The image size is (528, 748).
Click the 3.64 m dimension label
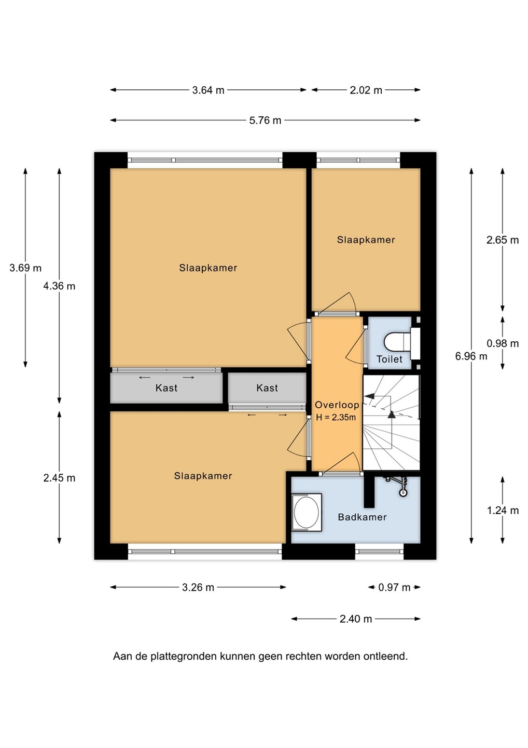(x=208, y=90)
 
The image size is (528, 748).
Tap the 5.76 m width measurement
(x=266, y=121)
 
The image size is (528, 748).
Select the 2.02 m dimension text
(x=366, y=90)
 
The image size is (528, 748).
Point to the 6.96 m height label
(x=471, y=356)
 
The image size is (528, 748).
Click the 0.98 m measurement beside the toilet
(x=503, y=343)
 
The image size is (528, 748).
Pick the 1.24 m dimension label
(x=503, y=510)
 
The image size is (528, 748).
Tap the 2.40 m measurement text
(x=356, y=619)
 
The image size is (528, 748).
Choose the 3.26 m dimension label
(x=198, y=587)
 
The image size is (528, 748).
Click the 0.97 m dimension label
(x=394, y=587)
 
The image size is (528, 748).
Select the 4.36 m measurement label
(x=59, y=286)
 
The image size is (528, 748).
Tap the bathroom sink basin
(x=307, y=512)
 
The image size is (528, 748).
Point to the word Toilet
(x=390, y=359)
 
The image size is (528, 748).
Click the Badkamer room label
(x=363, y=517)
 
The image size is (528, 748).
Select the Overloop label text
(x=337, y=405)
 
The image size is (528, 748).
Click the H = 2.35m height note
(x=336, y=418)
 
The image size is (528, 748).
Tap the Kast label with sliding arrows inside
(x=166, y=388)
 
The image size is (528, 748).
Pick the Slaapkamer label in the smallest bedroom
(x=366, y=240)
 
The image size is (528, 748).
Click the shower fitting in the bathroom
(x=400, y=485)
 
